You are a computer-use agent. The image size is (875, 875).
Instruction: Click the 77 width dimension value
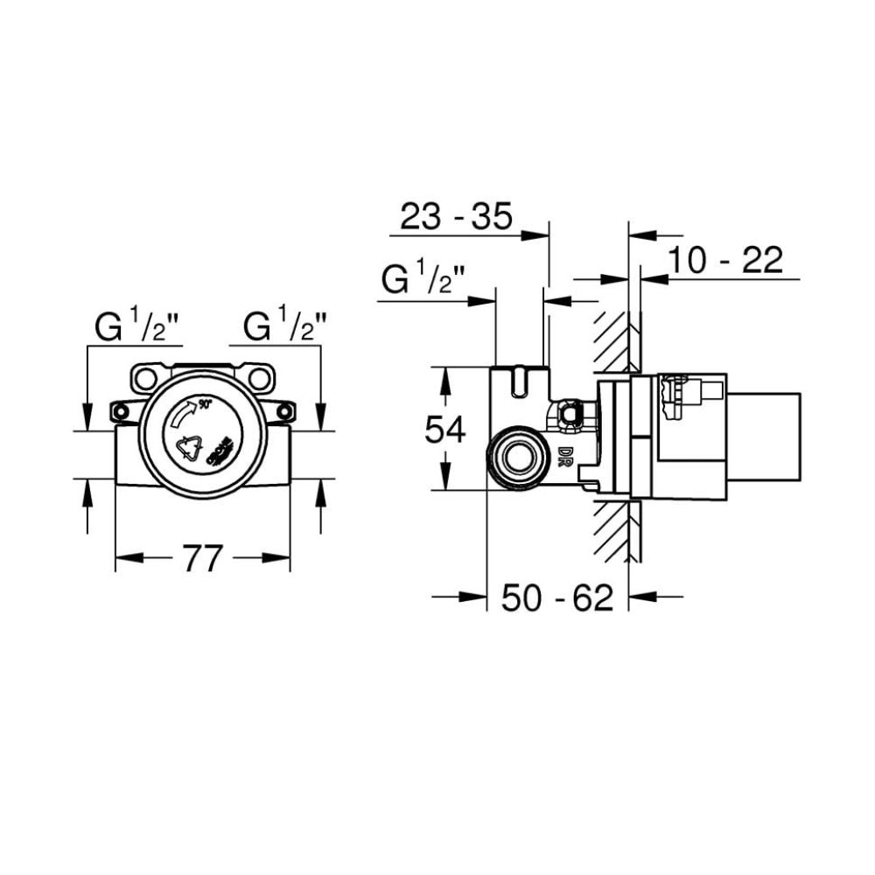pos(202,557)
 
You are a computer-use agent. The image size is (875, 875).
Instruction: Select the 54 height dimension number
pos(445,430)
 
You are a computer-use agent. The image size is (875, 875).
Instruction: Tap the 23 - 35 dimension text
pos(455,216)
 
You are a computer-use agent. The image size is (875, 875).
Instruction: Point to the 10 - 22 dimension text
pos(724,260)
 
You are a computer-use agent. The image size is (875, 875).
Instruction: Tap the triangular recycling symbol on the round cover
pos(190,448)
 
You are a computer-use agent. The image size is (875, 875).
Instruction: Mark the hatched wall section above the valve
pos(612,341)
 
